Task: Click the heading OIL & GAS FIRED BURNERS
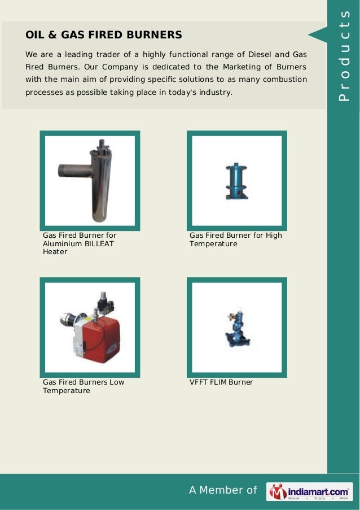(x=104, y=35)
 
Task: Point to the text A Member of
(x=223, y=490)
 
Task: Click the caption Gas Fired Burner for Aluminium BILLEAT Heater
(x=80, y=243)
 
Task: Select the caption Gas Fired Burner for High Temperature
(x=235, y=239)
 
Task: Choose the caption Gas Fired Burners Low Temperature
(x=84, y=386)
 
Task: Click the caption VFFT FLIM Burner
(x=221, y=382)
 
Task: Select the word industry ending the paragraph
(x=216, y=91)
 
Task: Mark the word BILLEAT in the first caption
(x=99, y=243)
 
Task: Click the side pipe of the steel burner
(x=71, y=171)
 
